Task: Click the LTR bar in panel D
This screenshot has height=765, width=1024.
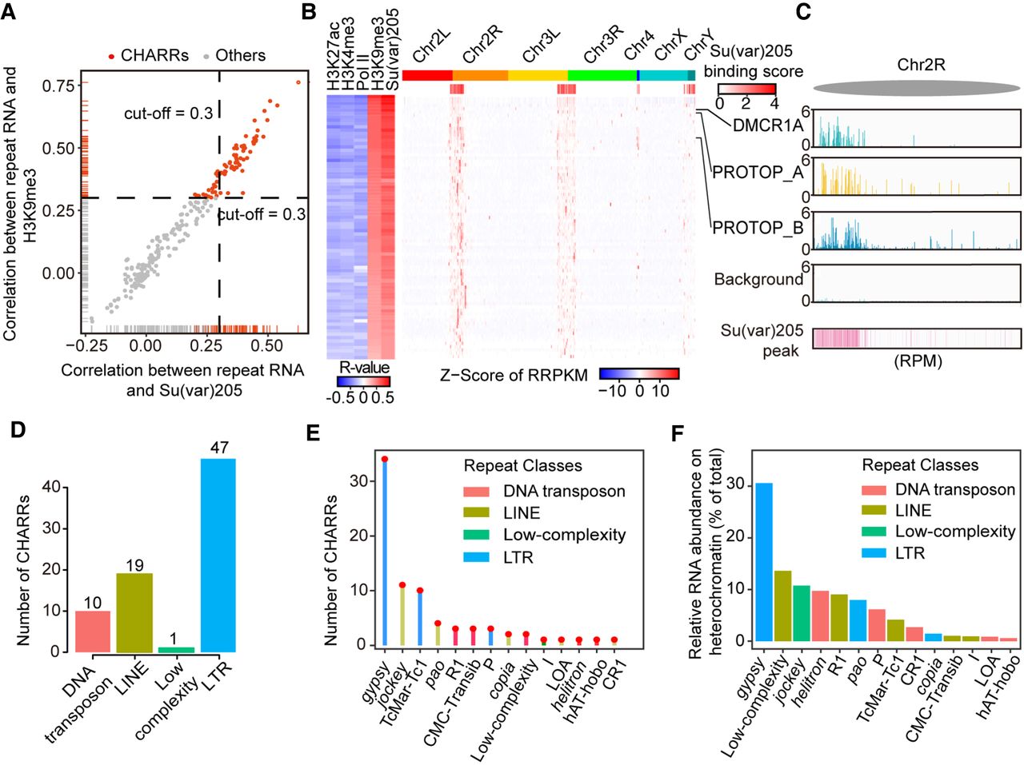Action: (x=218, y=556)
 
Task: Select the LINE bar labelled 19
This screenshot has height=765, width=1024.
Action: (x=134, y=612)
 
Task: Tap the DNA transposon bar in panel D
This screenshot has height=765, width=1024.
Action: (x=92, y=631)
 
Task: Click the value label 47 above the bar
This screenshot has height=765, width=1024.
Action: (x=218, y=448)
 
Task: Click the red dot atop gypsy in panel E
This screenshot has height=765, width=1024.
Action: (x=385, y=460)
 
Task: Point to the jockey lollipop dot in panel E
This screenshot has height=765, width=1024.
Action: (x=402, y=585)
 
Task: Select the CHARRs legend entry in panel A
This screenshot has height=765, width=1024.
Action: (x=148, y=55)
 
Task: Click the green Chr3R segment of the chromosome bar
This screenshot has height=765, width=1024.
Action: (x=602, y=75)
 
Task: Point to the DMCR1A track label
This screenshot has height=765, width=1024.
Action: (x=768, y=125)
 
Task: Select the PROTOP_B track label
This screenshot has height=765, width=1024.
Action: (x=758, y=228)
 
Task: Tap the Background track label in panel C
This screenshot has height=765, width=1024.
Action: (x=758, y=279)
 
